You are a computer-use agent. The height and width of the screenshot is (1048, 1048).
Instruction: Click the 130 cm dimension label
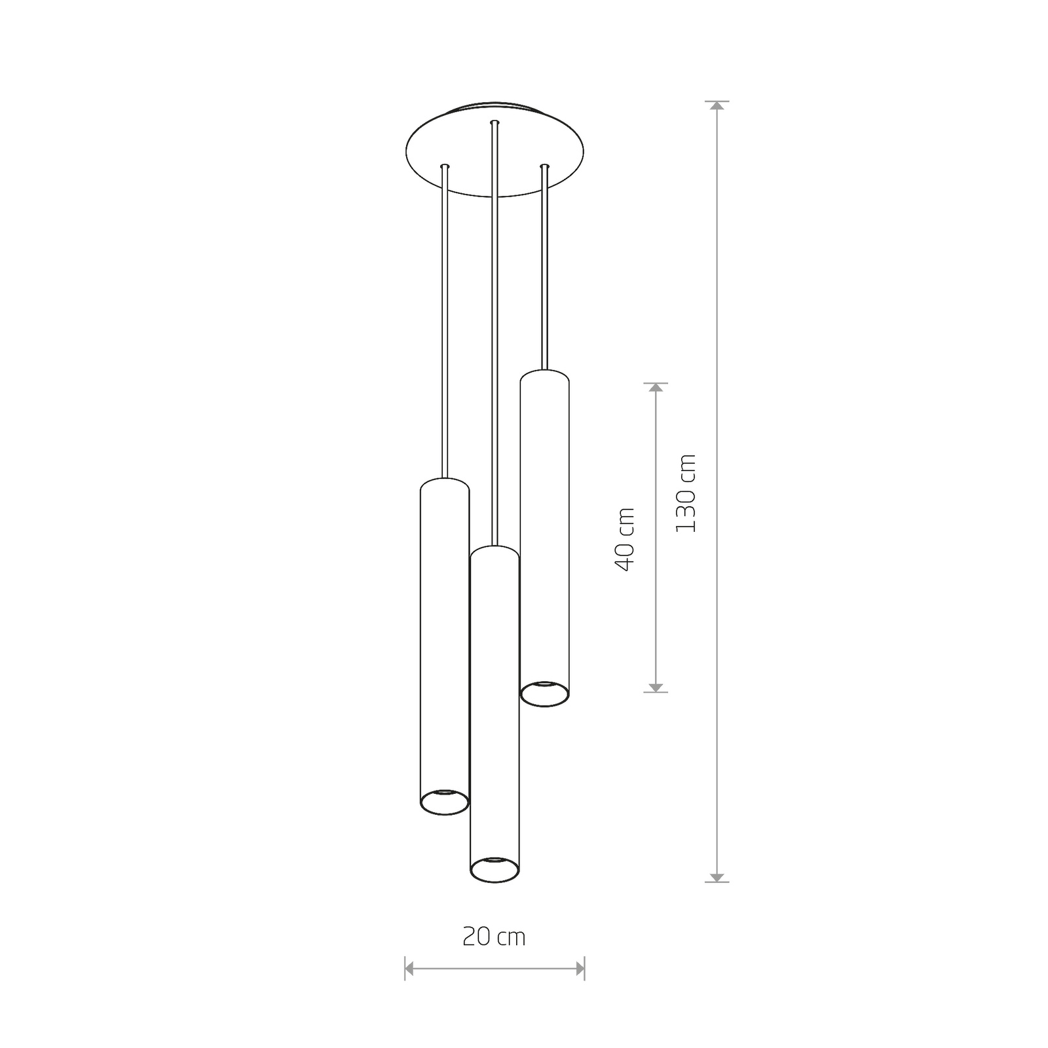tap(686, 493)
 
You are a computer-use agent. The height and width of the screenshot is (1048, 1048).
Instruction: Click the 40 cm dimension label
tap(626, 539)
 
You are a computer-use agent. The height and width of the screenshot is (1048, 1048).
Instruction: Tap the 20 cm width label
tap(494, 937)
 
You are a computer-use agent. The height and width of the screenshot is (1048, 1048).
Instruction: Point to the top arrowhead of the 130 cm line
tap(718, 107)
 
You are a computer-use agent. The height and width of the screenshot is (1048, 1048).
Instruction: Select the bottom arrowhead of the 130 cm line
tap(718, 876)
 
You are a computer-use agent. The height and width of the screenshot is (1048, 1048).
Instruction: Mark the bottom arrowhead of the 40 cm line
tap(656, 686)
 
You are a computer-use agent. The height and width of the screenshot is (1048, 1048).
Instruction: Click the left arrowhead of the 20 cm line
tap(410, 967)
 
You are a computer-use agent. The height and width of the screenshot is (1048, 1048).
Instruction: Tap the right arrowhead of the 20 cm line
tap(579, 967)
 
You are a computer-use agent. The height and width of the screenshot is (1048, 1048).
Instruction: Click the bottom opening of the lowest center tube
tap(495, 869)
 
